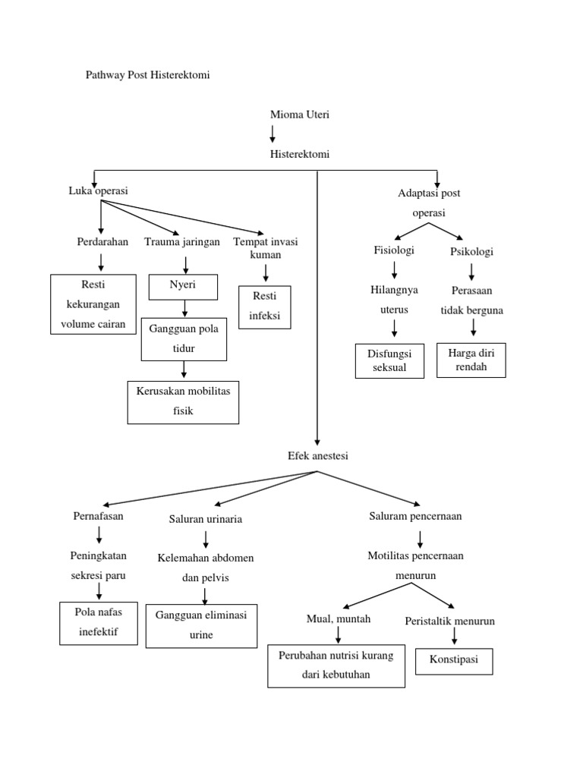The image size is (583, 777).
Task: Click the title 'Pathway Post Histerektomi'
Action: (148, 76)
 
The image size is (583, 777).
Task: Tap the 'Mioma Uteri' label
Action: (300, 115)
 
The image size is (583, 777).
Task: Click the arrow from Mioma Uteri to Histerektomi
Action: (273, 134)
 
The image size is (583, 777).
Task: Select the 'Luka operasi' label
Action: (99, 191)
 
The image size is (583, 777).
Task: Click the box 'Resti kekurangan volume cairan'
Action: (93, 304)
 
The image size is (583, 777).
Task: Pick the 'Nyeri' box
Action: (183, 287)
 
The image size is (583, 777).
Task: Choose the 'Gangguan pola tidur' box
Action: (184, 338)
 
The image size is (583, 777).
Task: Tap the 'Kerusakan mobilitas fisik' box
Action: (183, 402)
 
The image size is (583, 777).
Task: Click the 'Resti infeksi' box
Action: (265, 307)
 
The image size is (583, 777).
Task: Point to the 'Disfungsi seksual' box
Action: (389, 360)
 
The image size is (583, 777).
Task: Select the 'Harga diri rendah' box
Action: (471, 360)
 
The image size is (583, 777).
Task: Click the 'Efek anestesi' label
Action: (318, 456)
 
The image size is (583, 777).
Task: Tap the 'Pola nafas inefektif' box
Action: (99, 623)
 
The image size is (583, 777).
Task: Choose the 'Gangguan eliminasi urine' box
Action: (201, 626)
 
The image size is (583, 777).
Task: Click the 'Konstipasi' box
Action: (454, 660)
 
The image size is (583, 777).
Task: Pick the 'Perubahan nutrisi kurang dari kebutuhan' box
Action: (336, 665)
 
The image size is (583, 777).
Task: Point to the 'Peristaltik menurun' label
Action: (450, 621)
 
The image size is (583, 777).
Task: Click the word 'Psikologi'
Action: (471, 251)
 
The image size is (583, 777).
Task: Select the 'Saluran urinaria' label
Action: (206, 519)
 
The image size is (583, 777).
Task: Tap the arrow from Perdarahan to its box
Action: (101, 263)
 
